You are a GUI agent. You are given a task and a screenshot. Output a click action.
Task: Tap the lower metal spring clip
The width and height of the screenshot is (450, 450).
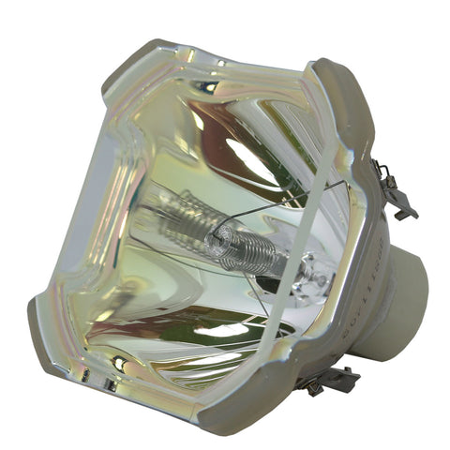(x=330, y=379)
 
